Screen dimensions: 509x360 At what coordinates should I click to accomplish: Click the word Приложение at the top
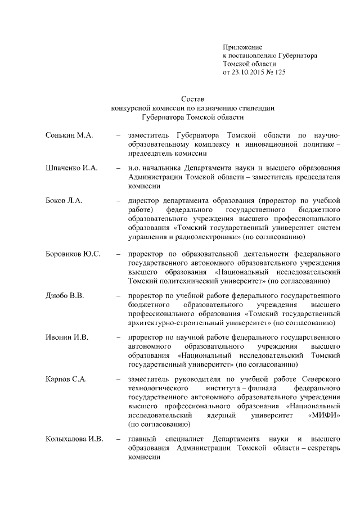[x=242, y=47]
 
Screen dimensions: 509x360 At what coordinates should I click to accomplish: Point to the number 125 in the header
[x=280, y=73]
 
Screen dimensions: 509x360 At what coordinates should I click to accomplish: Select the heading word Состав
[x=193, y=99]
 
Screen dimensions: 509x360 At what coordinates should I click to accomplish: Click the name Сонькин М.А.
[x=69, y=136]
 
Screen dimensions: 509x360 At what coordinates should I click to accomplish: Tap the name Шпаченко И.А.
[x=72, y=168]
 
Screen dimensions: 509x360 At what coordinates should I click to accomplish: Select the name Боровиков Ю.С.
[x=73, y=254]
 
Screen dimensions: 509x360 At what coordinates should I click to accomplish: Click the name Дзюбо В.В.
[x=65, y=296]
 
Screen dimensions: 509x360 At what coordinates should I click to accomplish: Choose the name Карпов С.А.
[x=66, y=379]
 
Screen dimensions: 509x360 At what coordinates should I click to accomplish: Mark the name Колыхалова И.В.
[x=75, y=438]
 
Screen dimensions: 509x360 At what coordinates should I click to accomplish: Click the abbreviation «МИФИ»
[x=325, y=415]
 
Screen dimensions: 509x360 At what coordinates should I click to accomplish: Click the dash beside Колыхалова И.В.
[x=118, y=438]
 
